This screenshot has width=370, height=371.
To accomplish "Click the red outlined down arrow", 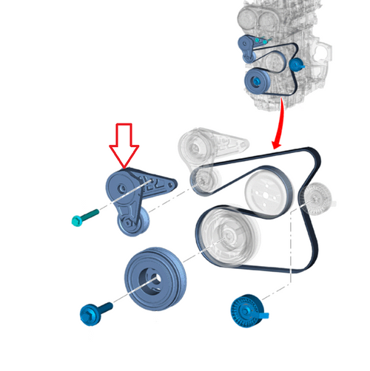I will click(x=124, y=145).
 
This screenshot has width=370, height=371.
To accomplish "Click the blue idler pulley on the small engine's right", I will click(x=297, y=65).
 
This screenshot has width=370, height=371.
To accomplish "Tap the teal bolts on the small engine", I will click(x=263, y=41).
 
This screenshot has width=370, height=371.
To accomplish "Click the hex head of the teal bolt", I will click(x=75, y=219).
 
